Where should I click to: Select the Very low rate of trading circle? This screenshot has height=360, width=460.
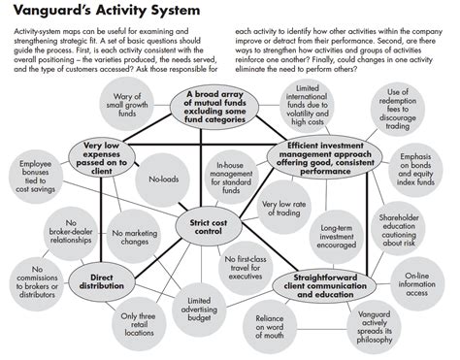(x=284, y=207)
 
